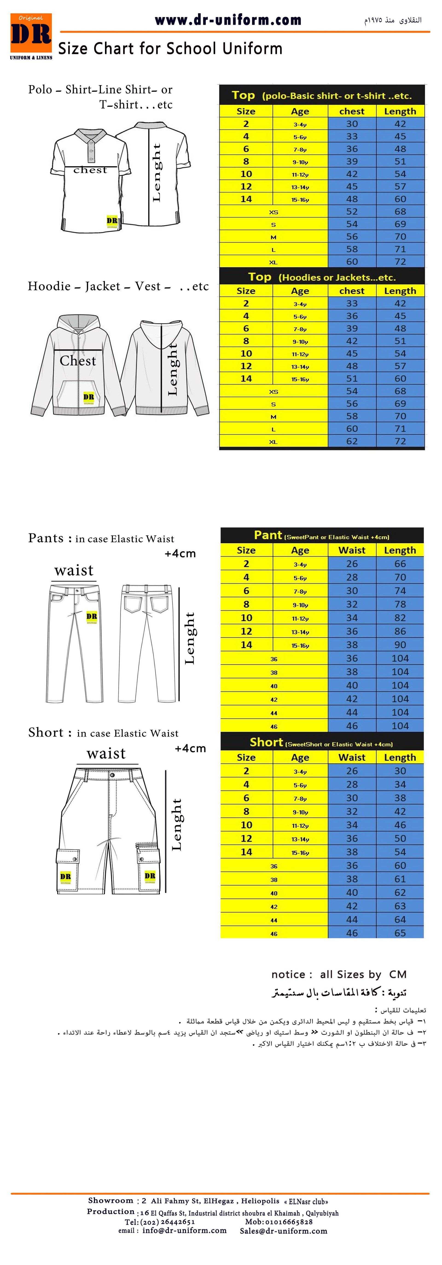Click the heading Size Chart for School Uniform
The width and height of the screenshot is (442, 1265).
170,49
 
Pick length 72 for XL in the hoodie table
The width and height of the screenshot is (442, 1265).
400,441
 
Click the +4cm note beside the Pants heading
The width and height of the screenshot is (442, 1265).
180,554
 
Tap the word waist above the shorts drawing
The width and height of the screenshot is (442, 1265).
106,753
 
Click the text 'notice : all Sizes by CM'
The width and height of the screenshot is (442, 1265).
338,974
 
